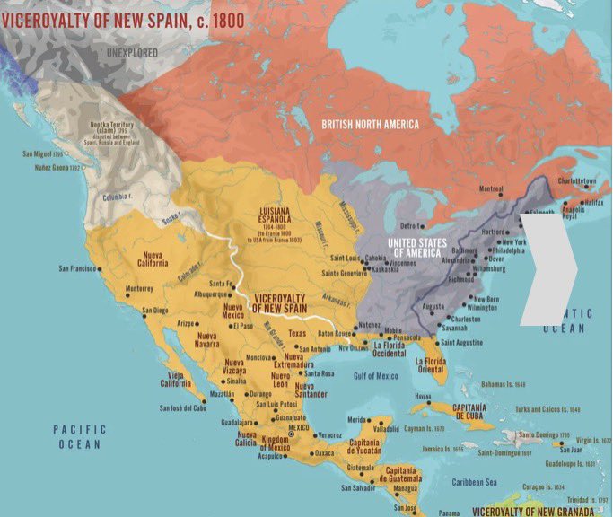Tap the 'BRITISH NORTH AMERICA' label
pyautogui.click(x=370, y=123)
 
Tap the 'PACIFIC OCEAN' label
pyautogui.click(x=79, y=436)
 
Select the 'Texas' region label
pyautogui.click(x=297, y=333)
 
